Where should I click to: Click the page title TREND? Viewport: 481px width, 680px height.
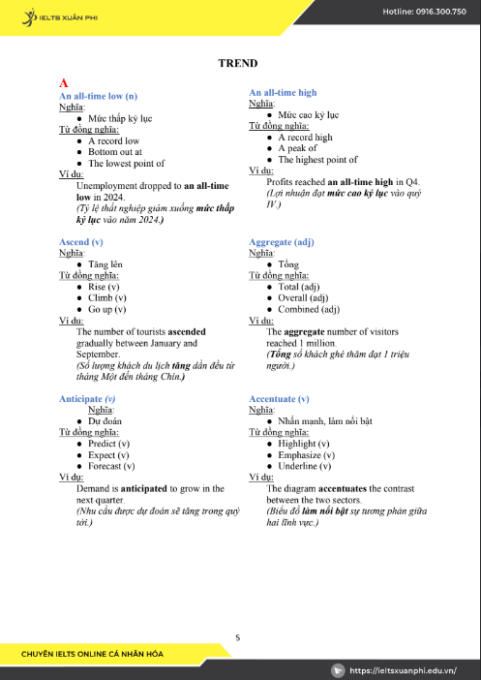coord(237,63)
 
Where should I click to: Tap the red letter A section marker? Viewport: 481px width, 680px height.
coord(64,83)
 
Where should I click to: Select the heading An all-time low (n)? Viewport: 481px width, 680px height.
coord(98,96)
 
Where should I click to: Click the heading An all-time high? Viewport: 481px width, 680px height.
coord(283,92)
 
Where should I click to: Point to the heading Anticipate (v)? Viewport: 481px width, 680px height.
coord(87,398)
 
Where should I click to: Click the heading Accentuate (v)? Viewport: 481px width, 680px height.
coord(279,398)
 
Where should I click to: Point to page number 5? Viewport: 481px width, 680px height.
coord(237,636)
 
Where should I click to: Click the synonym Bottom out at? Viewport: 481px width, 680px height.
coord(114,152)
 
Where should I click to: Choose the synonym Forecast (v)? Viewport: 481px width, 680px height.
coord(110,466)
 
